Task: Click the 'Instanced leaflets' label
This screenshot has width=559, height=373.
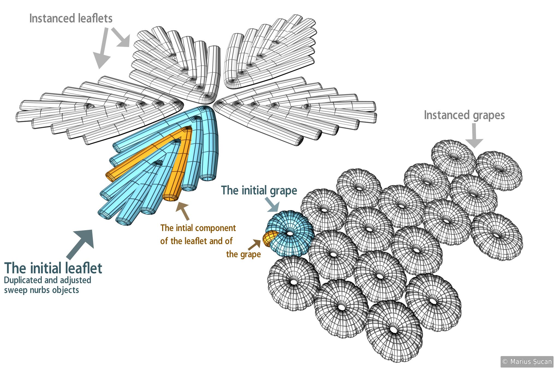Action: pos(71,19)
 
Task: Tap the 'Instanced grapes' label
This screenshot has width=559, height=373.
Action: pos(464,115)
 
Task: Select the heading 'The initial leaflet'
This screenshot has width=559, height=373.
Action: pos(53,268)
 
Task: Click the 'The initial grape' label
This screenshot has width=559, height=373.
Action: pos(259,190)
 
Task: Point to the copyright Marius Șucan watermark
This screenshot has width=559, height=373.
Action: pos(527,362)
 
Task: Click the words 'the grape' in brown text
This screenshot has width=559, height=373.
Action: pos(243,254)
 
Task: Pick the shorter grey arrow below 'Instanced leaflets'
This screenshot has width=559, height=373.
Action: pos(121,37)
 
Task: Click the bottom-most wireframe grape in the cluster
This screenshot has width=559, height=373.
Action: pos(394,330)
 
